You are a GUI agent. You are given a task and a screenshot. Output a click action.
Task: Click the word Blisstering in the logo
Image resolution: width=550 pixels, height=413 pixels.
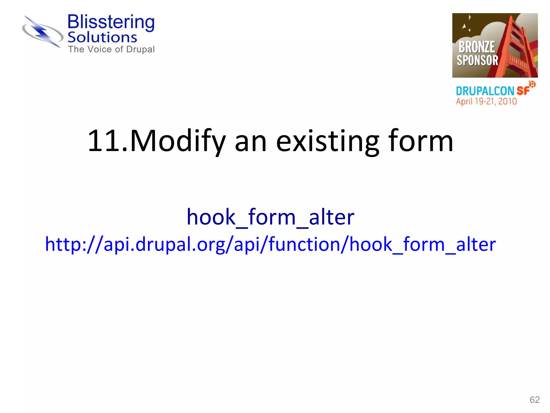(111, 22)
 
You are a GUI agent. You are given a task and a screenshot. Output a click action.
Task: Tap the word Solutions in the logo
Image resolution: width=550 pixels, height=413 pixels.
(102, 37)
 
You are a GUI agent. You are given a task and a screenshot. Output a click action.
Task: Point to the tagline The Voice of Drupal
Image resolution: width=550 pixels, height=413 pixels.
(111, 49)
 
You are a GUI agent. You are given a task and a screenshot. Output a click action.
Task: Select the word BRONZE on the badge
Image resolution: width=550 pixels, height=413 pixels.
(477, 47)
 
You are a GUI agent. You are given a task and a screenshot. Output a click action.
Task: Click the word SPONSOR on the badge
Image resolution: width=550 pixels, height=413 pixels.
(477, 60)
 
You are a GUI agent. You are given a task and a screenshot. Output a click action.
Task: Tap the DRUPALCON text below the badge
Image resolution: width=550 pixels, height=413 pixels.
(485, 91)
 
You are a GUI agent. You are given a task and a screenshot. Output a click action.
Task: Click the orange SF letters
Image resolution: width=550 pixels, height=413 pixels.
(523, 91)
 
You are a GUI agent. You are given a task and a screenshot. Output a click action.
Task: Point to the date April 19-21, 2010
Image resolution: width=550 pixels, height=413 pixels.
(486, 101)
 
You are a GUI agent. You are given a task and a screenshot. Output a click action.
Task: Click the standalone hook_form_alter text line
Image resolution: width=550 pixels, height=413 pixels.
(270, 217)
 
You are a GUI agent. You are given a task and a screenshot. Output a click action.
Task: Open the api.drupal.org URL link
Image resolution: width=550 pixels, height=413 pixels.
(270, 244)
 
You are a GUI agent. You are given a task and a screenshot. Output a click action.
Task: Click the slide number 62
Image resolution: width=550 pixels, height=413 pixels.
(534, 400)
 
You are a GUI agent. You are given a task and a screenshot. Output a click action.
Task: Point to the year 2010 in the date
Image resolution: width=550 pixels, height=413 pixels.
(507, 101)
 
